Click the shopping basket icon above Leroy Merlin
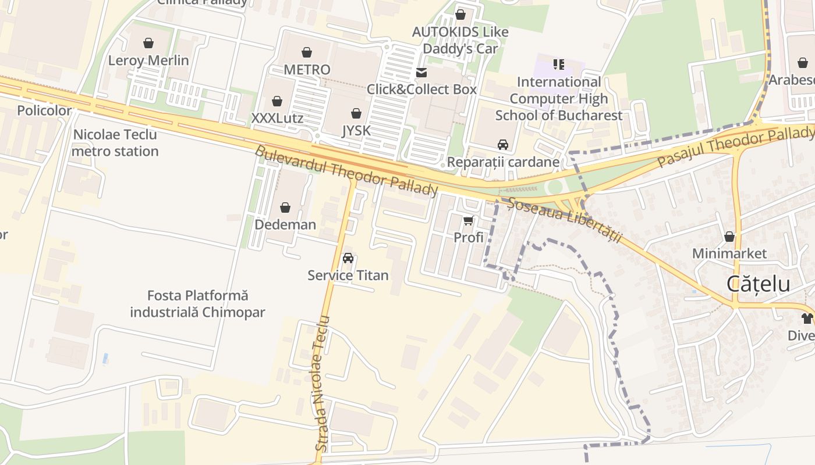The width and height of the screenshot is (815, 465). point(148,43)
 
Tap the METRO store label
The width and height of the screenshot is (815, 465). point(307,70)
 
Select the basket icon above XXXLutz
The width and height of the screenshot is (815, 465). point(277,101)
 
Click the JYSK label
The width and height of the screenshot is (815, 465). point(356,131)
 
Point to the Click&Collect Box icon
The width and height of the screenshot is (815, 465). point(421,73)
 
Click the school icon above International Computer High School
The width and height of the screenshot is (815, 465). point(559,64)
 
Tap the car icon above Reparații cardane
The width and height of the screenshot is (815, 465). point(503,145)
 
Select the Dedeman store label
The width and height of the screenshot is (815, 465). point(285,224)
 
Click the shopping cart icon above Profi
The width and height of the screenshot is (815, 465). point(469,220)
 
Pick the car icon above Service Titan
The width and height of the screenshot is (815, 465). point(348,257)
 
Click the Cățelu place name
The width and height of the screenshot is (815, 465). point(758,284)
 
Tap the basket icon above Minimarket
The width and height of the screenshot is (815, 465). point(729,237)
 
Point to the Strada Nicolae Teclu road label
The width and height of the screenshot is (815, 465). point(322,384)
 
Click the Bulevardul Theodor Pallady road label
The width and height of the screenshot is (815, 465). point(346,171)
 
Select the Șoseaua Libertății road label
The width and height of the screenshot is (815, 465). point(565,220)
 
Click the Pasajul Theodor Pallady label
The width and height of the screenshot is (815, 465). point(736,146)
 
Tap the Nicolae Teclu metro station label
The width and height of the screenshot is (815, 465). point(115,143)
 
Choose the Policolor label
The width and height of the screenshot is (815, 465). point(44,110)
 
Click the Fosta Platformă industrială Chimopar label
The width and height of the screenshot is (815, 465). point(197,304)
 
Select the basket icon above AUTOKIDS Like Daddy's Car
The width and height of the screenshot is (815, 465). point(460,15)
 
